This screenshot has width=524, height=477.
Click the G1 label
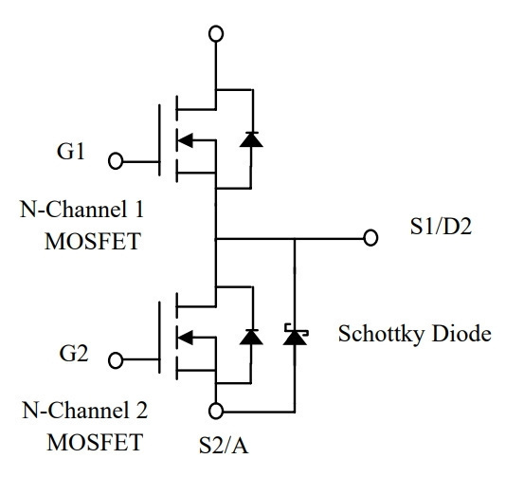(70, 152)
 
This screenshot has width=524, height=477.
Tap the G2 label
(74, 353)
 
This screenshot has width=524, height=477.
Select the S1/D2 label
(441, 227)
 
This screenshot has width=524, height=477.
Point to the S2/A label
(224, 445)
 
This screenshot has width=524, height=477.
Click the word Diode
(461, 334)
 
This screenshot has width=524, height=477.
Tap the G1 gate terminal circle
(116, 161)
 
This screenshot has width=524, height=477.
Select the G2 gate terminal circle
(116, 360)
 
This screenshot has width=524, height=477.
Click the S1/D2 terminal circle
(370, 238)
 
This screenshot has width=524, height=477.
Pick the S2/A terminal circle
(216, 411)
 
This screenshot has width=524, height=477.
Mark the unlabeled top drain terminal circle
(216, 34)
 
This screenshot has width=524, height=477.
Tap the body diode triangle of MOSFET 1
(251, 139)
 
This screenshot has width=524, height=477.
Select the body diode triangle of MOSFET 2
(251, 337)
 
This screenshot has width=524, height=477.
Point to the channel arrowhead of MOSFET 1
(185, 140)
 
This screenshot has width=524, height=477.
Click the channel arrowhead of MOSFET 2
(185, 338)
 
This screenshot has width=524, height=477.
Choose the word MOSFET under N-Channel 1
(93, 242)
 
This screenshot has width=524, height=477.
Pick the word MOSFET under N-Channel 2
(95, 442)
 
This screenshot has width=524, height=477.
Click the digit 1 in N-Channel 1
(138, 210)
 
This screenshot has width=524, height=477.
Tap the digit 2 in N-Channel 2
(141, 410)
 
